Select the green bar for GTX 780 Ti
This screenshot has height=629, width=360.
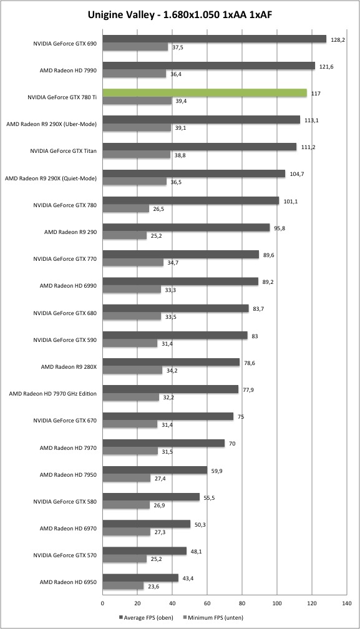pos(205,92)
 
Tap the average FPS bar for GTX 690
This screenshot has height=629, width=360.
pos(215,39)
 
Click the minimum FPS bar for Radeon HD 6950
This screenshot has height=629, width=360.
pos(124,586)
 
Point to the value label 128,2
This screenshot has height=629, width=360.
pos(338,40)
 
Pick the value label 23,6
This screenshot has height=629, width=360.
pos(154,586)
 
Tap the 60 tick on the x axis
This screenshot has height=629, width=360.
pos(207,603)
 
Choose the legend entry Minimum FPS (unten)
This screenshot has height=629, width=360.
pos(213,618)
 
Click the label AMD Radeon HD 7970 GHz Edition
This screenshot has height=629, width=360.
pos(53,394)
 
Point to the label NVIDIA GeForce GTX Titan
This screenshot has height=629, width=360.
pos(64,151)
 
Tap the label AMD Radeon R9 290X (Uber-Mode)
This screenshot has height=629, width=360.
pos(52,124)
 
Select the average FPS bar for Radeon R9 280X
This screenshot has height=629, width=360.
pos(171,362)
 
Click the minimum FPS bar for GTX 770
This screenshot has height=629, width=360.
pos(133,262)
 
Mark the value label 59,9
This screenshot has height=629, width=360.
pos(218,471)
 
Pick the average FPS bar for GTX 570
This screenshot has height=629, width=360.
pos(145,551)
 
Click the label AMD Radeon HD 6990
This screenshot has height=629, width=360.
pos(68,286)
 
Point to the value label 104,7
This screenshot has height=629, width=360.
pos(296,174)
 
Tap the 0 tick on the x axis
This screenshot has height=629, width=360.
pos(102,603)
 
